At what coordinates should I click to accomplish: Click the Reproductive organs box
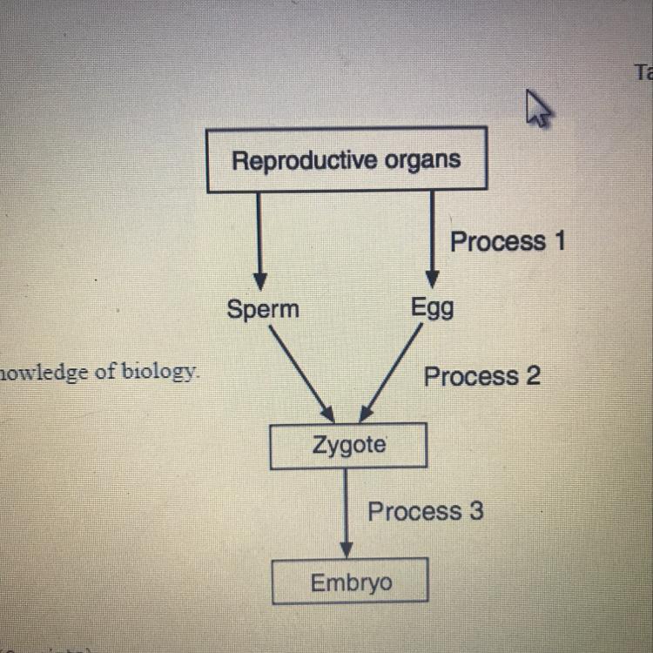pos(347,160)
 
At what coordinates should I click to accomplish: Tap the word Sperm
pos(262,309)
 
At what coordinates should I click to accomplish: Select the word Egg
pos(432,309)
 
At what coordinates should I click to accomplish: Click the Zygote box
pos(349,446)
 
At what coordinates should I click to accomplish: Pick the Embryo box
pos(350,582)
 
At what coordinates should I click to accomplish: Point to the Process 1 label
pos(507,241)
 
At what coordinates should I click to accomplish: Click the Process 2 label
pos(481,376)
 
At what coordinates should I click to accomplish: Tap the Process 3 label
pos(425,511)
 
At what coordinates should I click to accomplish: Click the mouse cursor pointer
pos(537,109)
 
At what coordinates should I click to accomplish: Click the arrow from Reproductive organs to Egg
pos(432,239)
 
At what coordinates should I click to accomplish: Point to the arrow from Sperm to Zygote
pos(300,373)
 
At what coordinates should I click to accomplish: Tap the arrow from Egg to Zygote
pos(393,373)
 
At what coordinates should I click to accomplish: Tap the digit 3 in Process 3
pos(475,511)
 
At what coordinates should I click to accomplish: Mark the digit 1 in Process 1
pos(557,241)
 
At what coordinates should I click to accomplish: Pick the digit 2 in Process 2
pos(532,376)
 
